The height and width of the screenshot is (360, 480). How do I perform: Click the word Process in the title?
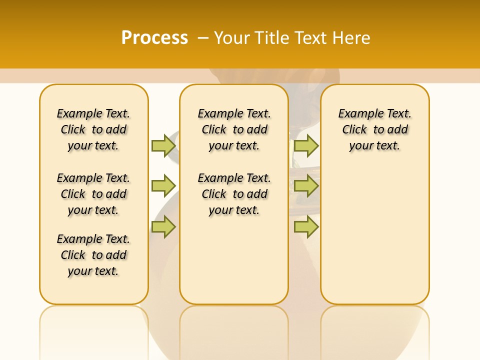[154, 37]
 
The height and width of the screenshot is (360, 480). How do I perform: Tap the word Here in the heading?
[351, 37]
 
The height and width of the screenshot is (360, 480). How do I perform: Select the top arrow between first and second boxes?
[163, 145]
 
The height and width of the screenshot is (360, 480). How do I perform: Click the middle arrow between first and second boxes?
[163, 186]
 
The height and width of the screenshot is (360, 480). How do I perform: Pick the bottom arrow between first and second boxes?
[163, 227]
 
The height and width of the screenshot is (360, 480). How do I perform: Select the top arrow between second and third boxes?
[306, 145]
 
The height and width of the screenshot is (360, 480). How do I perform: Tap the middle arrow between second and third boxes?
[306, 186]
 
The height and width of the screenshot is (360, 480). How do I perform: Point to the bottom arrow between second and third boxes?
[306, 227]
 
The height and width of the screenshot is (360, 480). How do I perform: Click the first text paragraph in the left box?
[93, 129]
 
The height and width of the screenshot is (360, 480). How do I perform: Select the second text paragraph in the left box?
[93, 194]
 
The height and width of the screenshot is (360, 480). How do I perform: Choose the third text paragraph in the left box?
[93, 255]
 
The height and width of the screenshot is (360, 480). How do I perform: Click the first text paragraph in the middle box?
[234, 129]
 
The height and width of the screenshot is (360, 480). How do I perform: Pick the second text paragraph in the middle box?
[234, 194]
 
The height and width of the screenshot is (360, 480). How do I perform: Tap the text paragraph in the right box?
[375, 129]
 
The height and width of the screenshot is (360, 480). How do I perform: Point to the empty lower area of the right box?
[375, 235]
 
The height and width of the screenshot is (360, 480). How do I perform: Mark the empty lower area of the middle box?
[234, 260]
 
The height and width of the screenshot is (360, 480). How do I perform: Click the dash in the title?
[203, 37]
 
